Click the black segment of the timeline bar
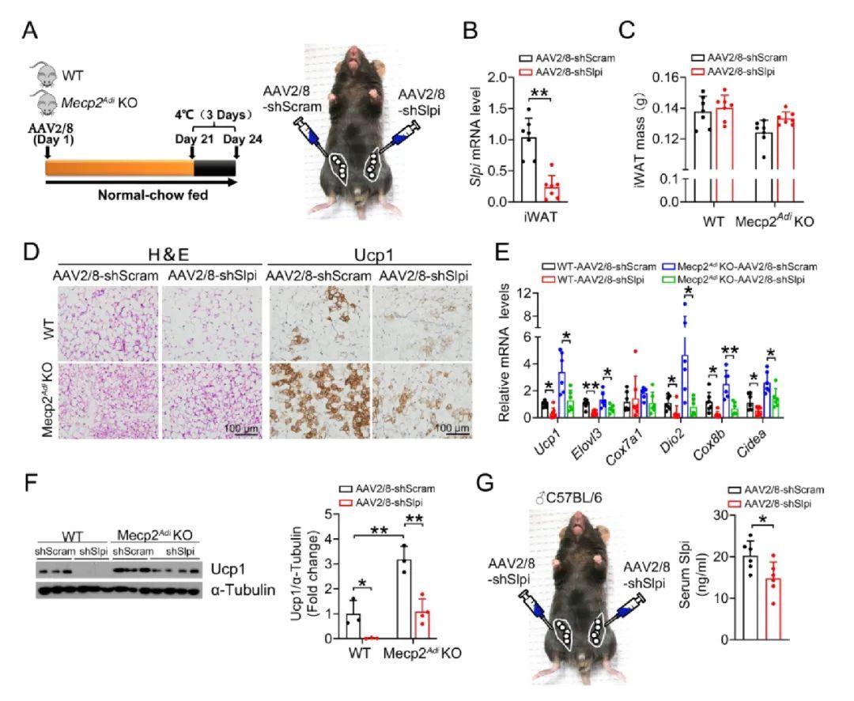pos(214,167)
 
